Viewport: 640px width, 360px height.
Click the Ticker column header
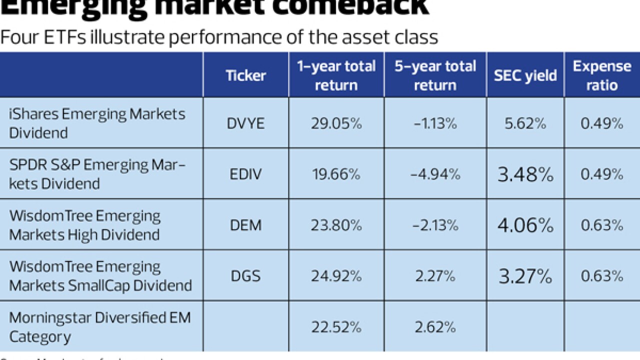pyautogui.click(x=245, y=75)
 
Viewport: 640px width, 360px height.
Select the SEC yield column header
pyautogui.click(x=525, y=75)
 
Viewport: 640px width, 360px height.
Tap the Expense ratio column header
pyautogui.click(x=602, y=75)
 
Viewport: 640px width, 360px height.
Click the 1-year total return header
pyautogui.click(x=336, y=75)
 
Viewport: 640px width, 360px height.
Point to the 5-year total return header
pyautogui.click(x=435, y=75)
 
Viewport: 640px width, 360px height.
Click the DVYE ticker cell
pyautogui.click(x=245, y=123)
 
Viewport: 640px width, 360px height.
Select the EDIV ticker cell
pyautogui.click(x=245, y=174)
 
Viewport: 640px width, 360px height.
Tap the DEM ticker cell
pyautogui.click(x=245, y=225)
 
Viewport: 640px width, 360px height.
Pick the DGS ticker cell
pyautogui.click(x=245, y=276)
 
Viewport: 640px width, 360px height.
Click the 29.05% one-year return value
pyautogui.click(x=336, y=123)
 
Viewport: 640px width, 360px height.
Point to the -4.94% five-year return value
pyautogui.click(x=435, y=174)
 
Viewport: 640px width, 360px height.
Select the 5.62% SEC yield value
pyautogui.click(x=525, y=123)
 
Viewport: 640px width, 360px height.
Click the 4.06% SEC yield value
pyautogui.click(x=525, y=225)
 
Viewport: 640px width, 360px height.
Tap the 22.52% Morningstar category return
pyautogui.click(x=336, y=327)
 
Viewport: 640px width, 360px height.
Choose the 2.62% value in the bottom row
pyautogui.click(x=435, y=327)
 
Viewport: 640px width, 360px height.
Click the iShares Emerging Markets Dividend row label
pyautogui.click(x=97, y=123)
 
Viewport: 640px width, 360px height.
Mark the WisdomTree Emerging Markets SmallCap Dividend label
pyautogui.click(x=100, y=276)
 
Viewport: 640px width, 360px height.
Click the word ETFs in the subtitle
pyautogui.click(x=63, y=37)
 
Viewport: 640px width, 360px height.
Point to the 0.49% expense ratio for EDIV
pyautogui.click(x=602, y=174)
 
